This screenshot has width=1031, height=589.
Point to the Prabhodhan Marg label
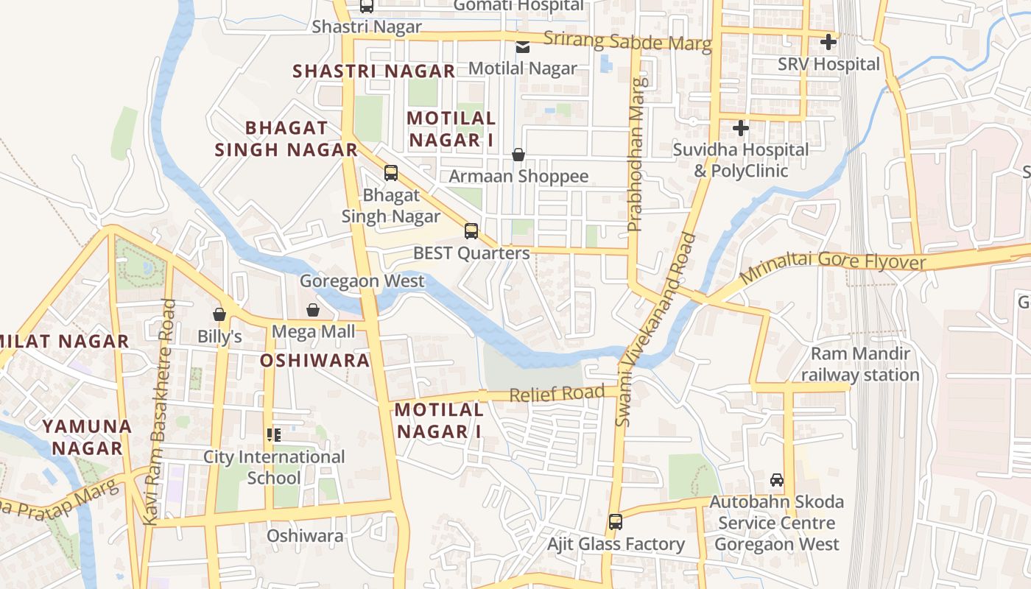[x=636, y=155]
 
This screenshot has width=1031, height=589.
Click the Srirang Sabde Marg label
[x=627, y=42]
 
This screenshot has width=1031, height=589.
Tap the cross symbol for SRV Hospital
[x=828, y=42]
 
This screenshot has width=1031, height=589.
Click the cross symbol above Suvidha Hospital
[x=741, y=128]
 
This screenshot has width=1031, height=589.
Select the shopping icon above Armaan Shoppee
[x=518, y=155]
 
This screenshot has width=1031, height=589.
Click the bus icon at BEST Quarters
[x=471, y=231]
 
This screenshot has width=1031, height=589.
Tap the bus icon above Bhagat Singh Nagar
[x=391, y=173]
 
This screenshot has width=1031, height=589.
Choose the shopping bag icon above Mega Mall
[x=313, y=310]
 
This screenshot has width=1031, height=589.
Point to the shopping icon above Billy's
[x=219, y=314]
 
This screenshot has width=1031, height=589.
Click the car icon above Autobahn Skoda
[x=777, y=480]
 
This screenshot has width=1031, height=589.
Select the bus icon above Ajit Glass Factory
[x=616, y=522]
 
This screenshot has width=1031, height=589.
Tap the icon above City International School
[x=274, y=435]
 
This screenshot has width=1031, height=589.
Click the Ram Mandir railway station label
[x=860, y=364]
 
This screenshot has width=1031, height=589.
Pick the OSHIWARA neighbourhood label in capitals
[x=314, y=361]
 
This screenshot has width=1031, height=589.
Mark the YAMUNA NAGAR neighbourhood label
[x=87, y=437]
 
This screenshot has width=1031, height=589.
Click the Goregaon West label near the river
[x=362, y=281]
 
